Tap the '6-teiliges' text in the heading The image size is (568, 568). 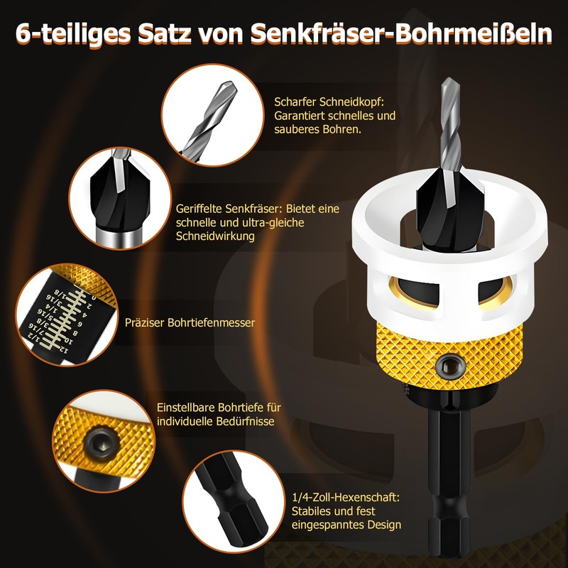[x=74, y=33]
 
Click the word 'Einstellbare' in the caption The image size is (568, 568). [x=187, y=408]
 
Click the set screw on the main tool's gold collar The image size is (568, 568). [x=448, y=364]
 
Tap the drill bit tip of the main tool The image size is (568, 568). [x=445, y=89]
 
